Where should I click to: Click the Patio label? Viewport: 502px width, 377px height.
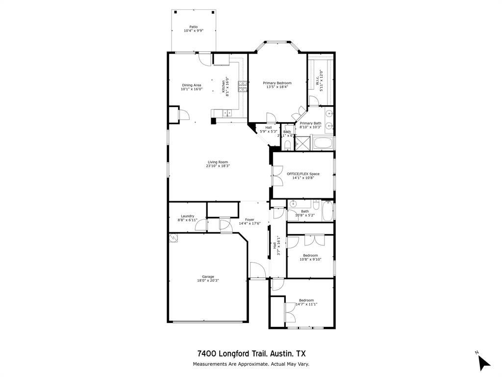pos(193,27)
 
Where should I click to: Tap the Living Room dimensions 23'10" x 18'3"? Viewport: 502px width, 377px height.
pos(218,166)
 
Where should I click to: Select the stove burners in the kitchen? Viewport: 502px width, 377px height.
pos(242,86)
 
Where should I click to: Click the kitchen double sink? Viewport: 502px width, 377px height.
pos(227,113)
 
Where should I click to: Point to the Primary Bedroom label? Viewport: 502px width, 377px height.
pos(277,83)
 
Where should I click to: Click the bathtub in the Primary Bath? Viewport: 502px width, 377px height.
pos(323,143)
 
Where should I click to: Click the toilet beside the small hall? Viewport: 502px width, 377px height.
pos(287,144)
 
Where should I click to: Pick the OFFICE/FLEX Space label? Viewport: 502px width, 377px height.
pos(303,174)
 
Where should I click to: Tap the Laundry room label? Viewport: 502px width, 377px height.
pos(187,216)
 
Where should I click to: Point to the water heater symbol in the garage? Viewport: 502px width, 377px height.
pos(173,238)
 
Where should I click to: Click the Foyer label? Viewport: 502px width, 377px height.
pos(250,219)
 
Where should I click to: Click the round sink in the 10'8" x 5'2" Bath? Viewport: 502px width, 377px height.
pos(293,204)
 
